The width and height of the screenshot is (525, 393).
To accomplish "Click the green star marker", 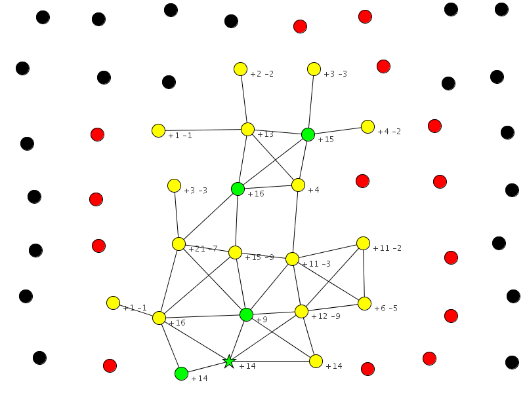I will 228,361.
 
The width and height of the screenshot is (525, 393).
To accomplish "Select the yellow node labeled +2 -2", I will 240,69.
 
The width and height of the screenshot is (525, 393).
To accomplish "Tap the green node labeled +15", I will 308,134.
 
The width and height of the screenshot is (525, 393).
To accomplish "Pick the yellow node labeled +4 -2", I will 367,126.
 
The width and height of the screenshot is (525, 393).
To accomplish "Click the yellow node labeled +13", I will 247,129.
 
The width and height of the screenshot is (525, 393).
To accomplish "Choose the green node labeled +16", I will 238,189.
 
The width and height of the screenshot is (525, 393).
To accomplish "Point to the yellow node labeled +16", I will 159,318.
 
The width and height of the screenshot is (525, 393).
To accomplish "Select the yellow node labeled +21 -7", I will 178,244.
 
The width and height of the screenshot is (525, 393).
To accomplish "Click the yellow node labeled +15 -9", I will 235,252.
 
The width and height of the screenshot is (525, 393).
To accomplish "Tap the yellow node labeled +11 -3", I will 293,259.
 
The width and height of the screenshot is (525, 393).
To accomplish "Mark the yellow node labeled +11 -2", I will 363,243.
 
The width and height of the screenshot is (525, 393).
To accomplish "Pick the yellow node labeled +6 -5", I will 364,303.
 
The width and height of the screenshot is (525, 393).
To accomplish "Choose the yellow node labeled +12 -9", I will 301,311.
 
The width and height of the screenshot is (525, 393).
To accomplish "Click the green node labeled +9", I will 246,314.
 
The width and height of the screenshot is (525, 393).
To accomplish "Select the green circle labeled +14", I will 182,373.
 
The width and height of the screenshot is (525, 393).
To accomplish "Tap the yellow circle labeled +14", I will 316,361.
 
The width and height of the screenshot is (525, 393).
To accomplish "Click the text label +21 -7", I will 203,249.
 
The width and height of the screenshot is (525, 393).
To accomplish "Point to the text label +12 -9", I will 325,316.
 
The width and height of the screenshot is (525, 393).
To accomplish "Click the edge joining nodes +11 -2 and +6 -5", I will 364,273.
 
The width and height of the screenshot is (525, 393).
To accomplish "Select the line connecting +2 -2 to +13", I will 243,99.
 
